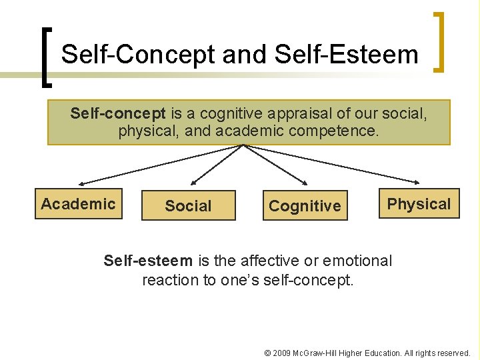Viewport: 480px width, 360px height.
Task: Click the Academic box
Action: click(x=79, y=204)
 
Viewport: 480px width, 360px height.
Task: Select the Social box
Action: click(x=188, y=206)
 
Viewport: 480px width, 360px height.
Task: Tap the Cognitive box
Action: click(x=305, y=206)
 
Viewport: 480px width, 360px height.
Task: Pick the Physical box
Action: click(x=419, y=204)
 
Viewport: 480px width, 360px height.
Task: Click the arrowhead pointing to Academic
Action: click(x=81, y=183)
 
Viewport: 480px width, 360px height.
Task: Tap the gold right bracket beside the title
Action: click(x=440, y=41)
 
